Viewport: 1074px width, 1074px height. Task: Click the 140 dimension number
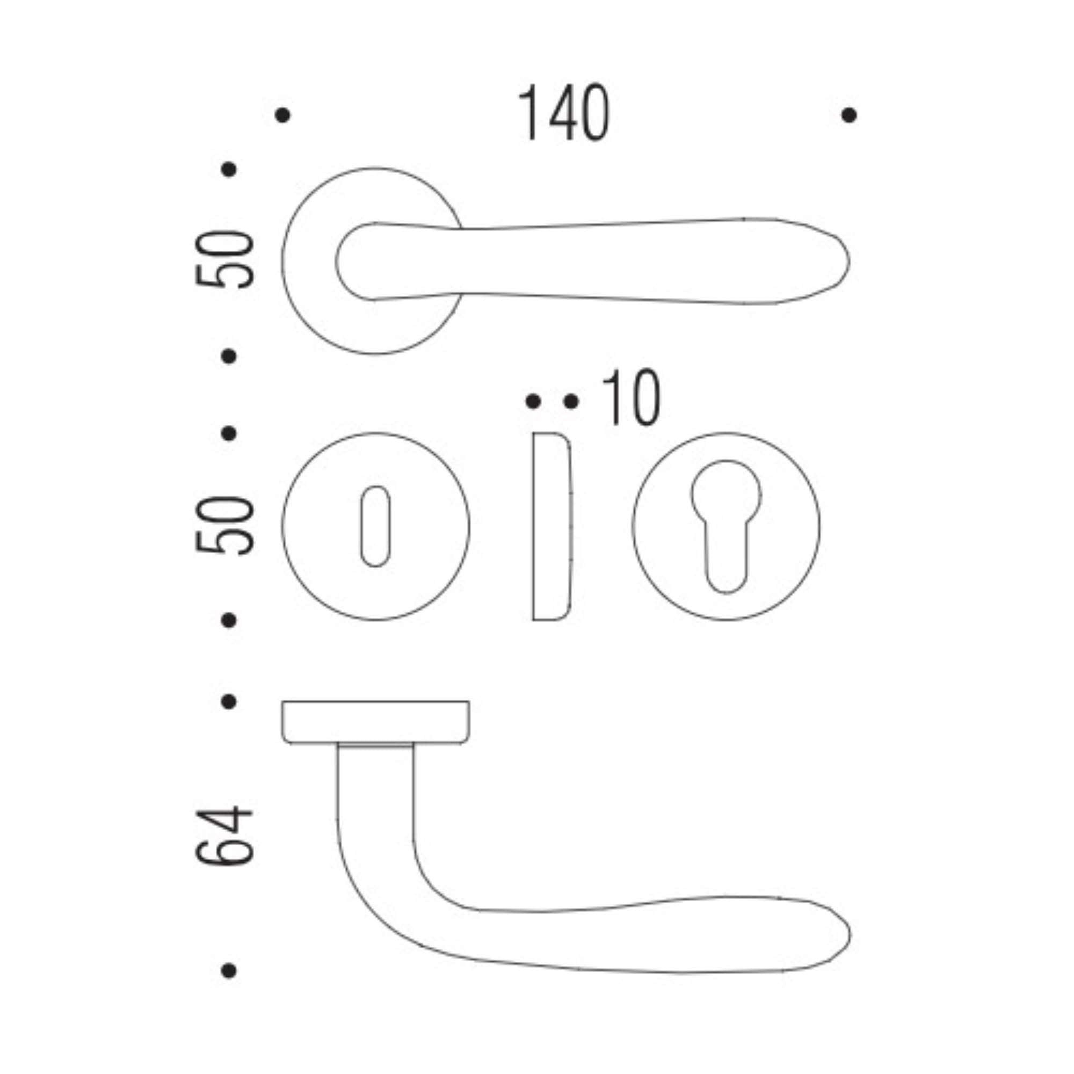(564, 113)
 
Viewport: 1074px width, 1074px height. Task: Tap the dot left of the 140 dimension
(282, 115)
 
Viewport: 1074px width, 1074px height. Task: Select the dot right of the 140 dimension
(849, 115)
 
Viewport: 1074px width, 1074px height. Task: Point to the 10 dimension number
(632, 398)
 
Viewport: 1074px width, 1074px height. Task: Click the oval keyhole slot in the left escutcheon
(375, 526)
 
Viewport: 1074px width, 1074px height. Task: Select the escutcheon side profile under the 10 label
(551, 526)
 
